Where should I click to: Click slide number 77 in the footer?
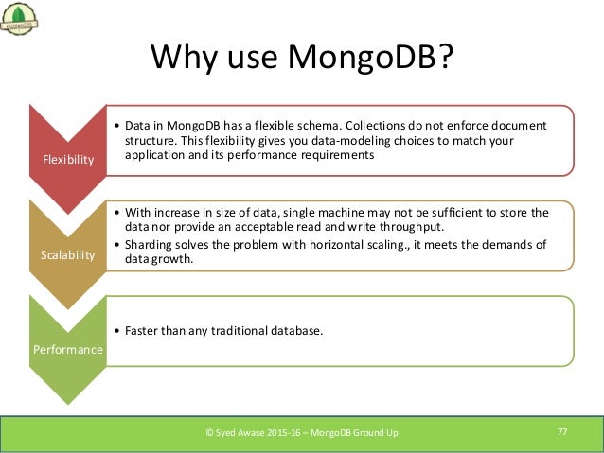click(562, 432)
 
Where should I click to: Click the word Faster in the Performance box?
click(137, 330)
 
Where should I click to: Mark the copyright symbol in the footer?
click(211, 433)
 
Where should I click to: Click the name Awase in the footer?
click(252, 433)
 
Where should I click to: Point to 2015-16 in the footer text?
click(290, 433)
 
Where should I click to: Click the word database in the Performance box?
click(293, 330)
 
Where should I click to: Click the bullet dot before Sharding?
click(115, 245)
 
